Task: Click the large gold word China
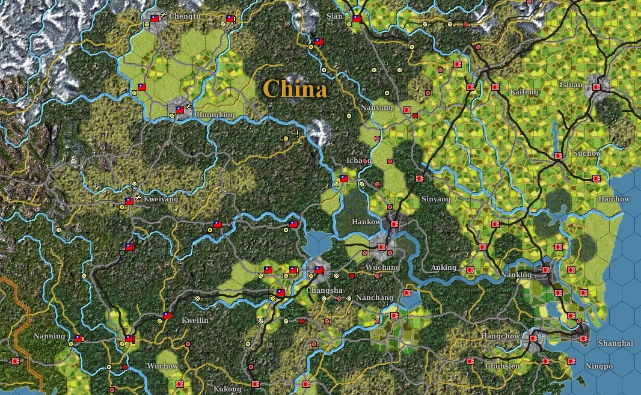295,89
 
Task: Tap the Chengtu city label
185,16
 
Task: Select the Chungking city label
215,114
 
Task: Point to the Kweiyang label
162,199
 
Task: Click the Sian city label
334,16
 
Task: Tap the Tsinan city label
570,85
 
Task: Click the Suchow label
586,153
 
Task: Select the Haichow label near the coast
614,199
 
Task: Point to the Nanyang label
377,108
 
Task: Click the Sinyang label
435,199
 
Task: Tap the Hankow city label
366,222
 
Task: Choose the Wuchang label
382,268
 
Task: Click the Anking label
444,268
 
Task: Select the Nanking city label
517,275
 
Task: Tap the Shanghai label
616,343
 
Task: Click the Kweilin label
195,320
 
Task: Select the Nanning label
49,336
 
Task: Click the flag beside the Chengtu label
154,18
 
